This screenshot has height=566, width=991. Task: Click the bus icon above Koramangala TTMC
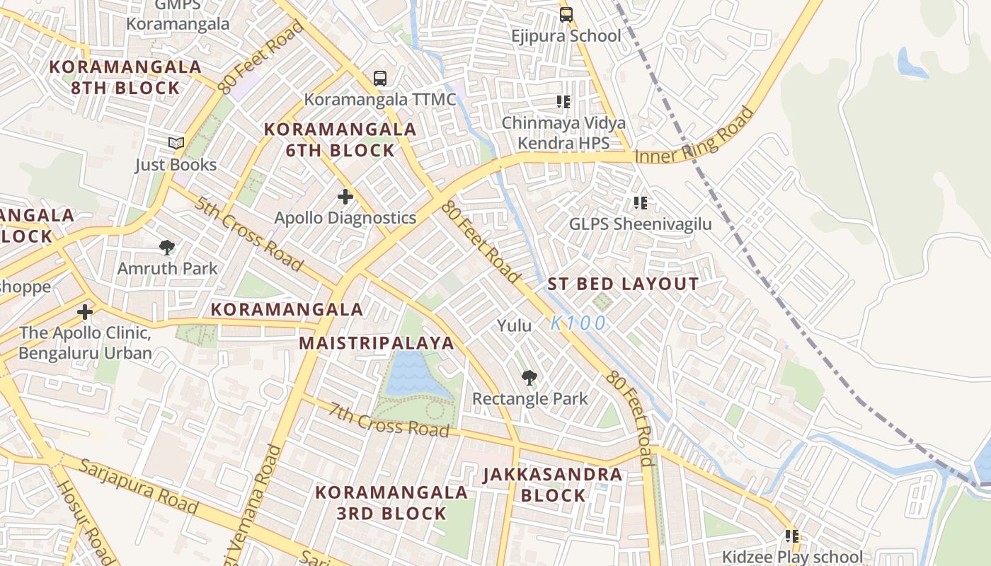tap(380, 78)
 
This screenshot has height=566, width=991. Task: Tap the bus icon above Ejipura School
tap(566, 15)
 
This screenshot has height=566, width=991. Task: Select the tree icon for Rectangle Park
tap(529, 378)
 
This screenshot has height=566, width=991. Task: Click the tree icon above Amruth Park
tap(167, 248)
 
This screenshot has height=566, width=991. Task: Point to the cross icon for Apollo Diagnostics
tap(345, 197)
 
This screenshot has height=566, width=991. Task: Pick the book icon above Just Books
tap(176, 144)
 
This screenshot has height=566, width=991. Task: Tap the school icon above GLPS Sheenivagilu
tap(641, 204)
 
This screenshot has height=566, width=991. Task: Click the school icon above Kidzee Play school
tap(792, 537)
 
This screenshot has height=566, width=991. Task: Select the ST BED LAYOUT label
tap(623, 284)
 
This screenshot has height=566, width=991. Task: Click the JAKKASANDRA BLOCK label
tap(553, 485)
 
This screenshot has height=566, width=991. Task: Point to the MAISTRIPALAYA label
tap(376, 343)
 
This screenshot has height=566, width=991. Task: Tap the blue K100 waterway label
tap(578, 323)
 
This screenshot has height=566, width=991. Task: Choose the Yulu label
tap(514, 325)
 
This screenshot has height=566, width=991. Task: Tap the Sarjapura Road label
tap(138, 486)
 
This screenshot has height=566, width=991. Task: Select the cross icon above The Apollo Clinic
tap(85, 312)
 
